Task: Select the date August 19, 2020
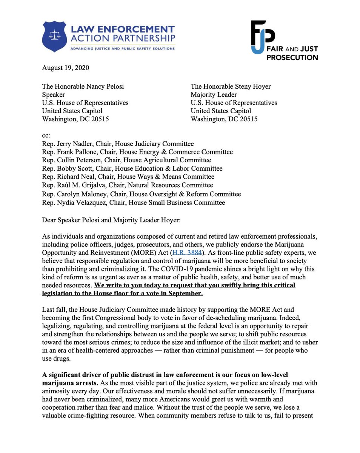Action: click(65, 68)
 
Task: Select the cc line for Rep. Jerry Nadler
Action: click(118, 143)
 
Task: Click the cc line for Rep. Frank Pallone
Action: click(137, 152)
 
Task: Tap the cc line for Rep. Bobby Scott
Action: click(132, 168)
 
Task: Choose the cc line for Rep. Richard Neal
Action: click(128, 177)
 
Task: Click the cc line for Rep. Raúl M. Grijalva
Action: click(127, 185)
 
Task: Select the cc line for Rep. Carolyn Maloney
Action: click(141, 194)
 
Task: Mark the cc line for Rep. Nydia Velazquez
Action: click(133, 202)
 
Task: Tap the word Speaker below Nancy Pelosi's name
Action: click(53, 94)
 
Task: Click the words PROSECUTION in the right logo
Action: click(293, 57)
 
